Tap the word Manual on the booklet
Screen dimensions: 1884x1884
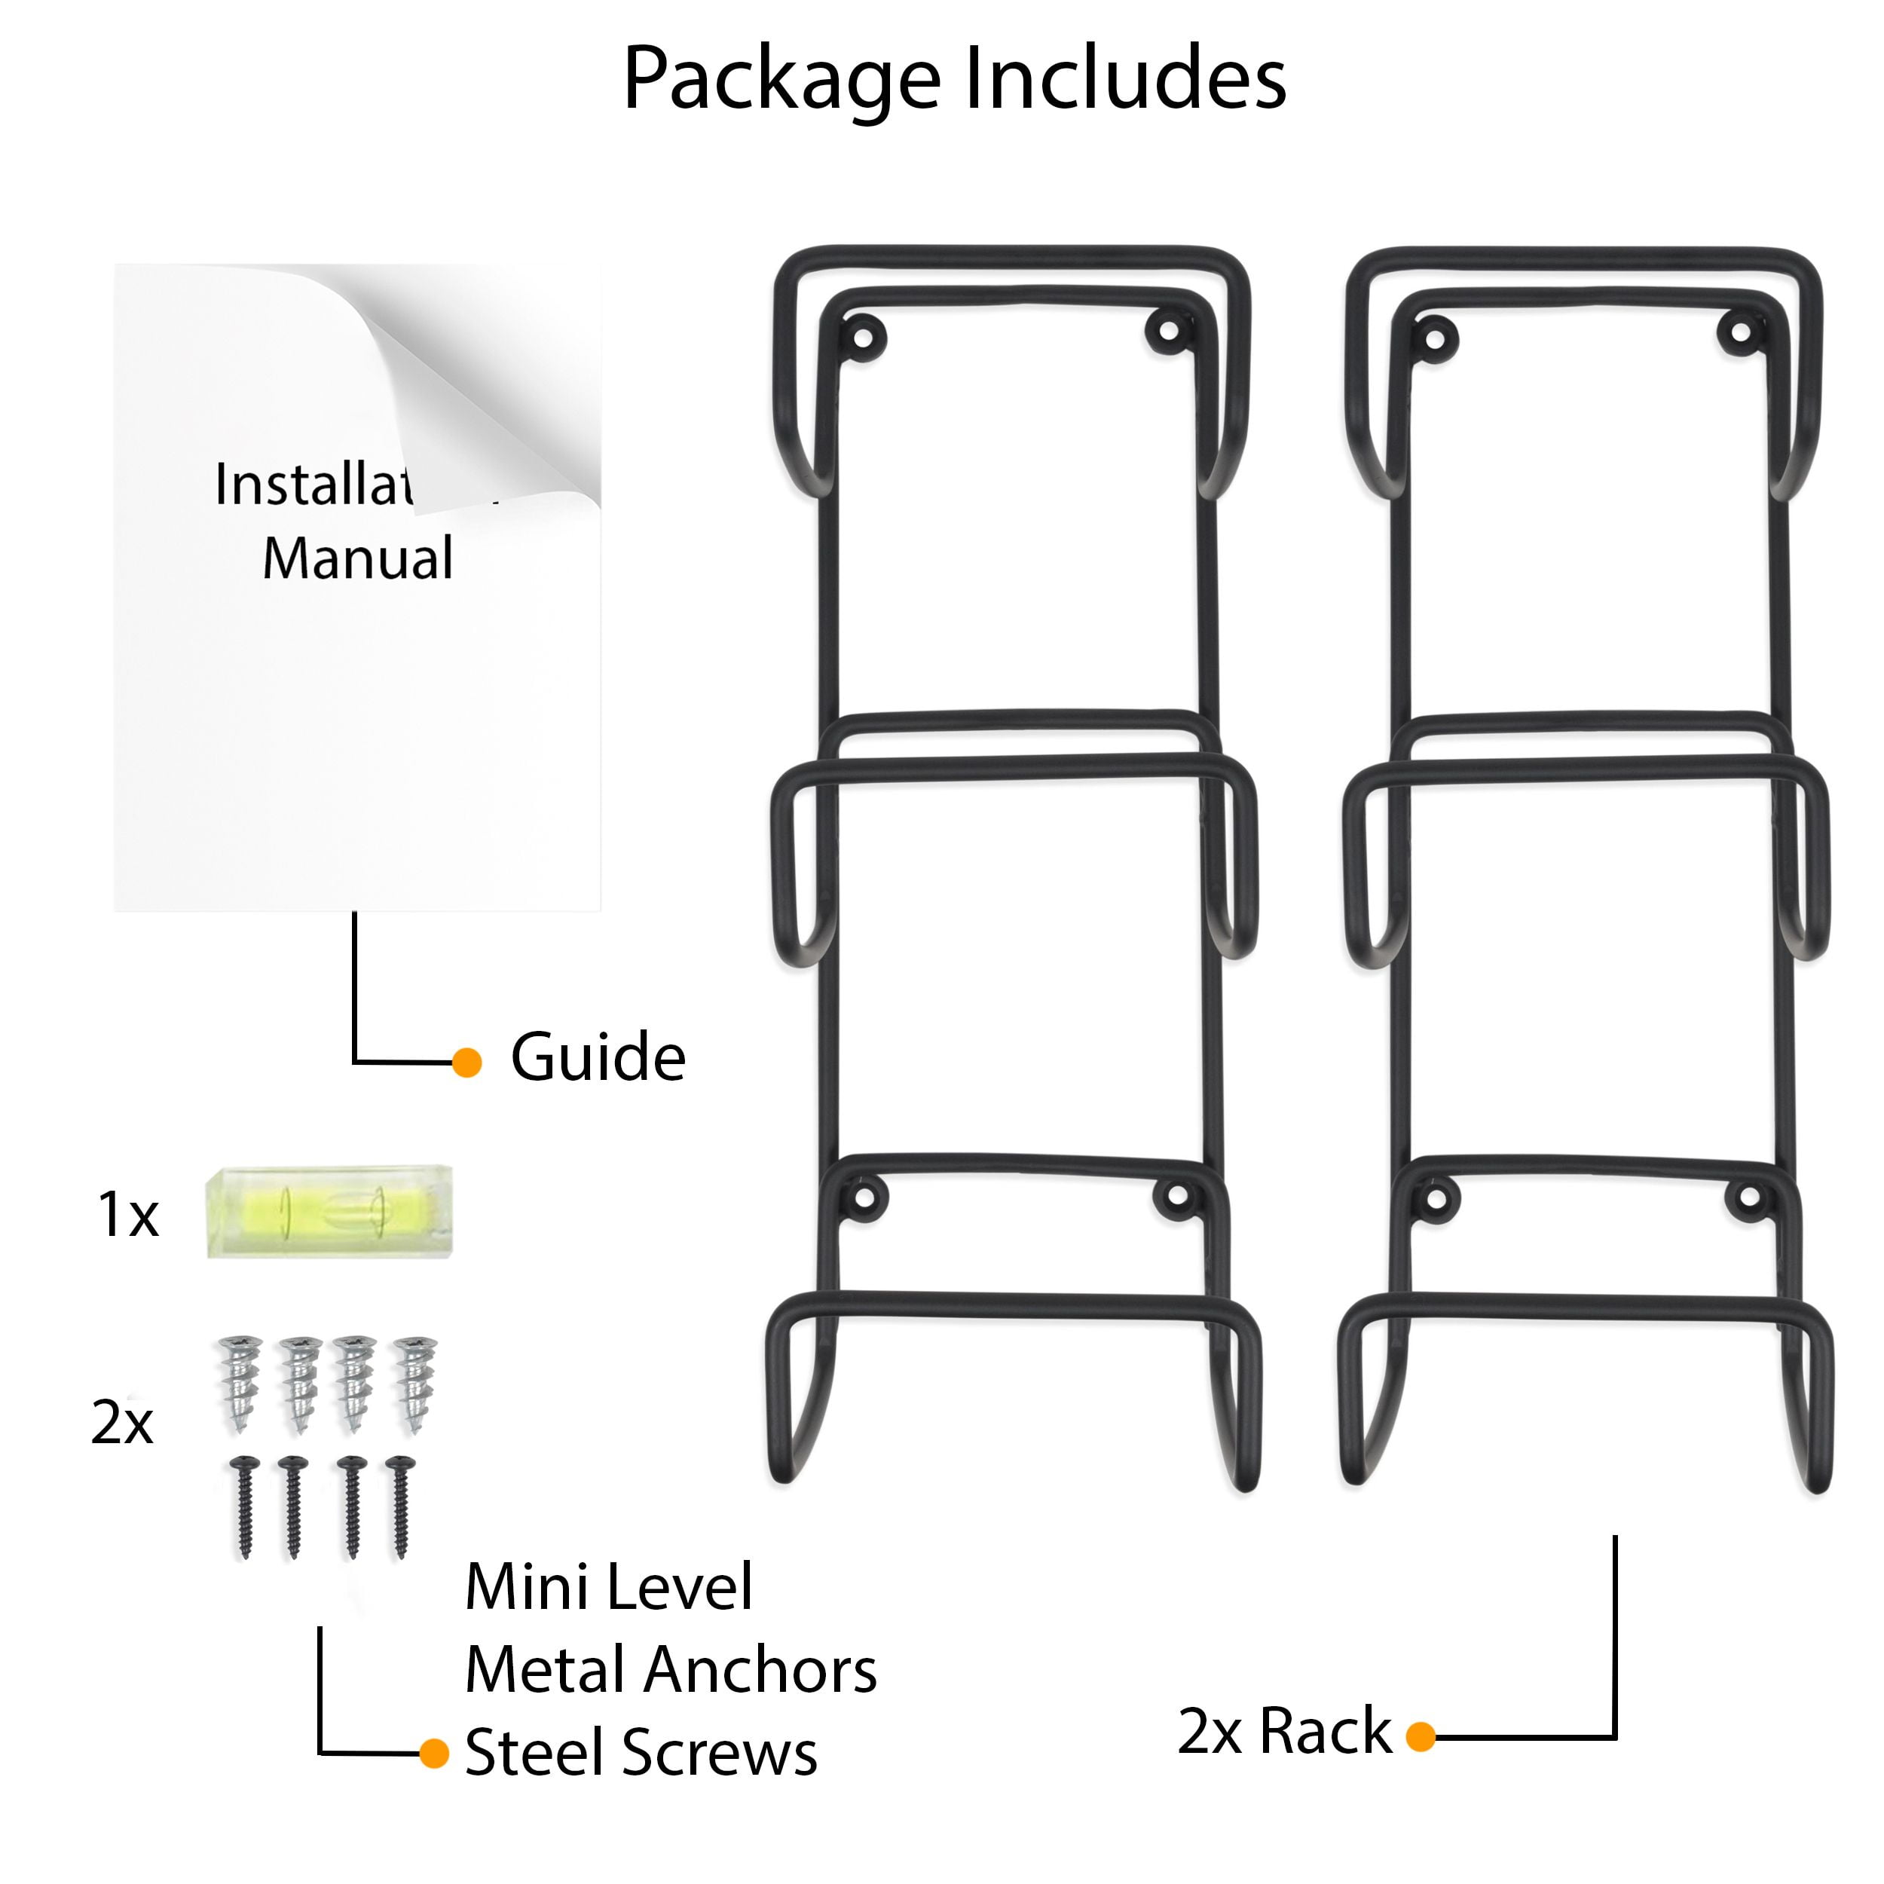[357, 558]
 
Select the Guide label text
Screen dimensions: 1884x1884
[598, 1058]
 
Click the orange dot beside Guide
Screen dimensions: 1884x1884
[467, 1063]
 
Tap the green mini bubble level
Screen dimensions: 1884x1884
[329, 1215]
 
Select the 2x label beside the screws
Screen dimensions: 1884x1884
[122, 1424]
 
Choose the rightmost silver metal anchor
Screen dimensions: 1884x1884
[414, 1383]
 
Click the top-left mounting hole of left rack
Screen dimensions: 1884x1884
[863, 338]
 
